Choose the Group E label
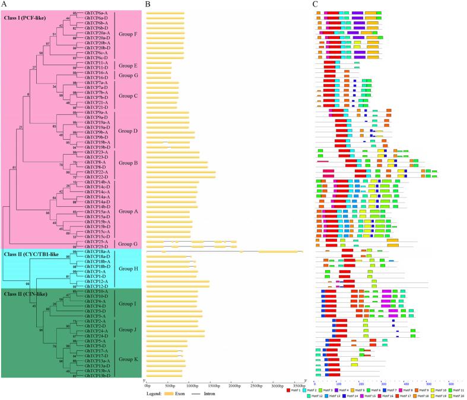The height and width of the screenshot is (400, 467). coord(128,66)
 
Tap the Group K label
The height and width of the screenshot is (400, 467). coord(128,359)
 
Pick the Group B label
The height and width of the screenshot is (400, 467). coord(128,162)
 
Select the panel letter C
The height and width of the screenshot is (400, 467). coord(315,5)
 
